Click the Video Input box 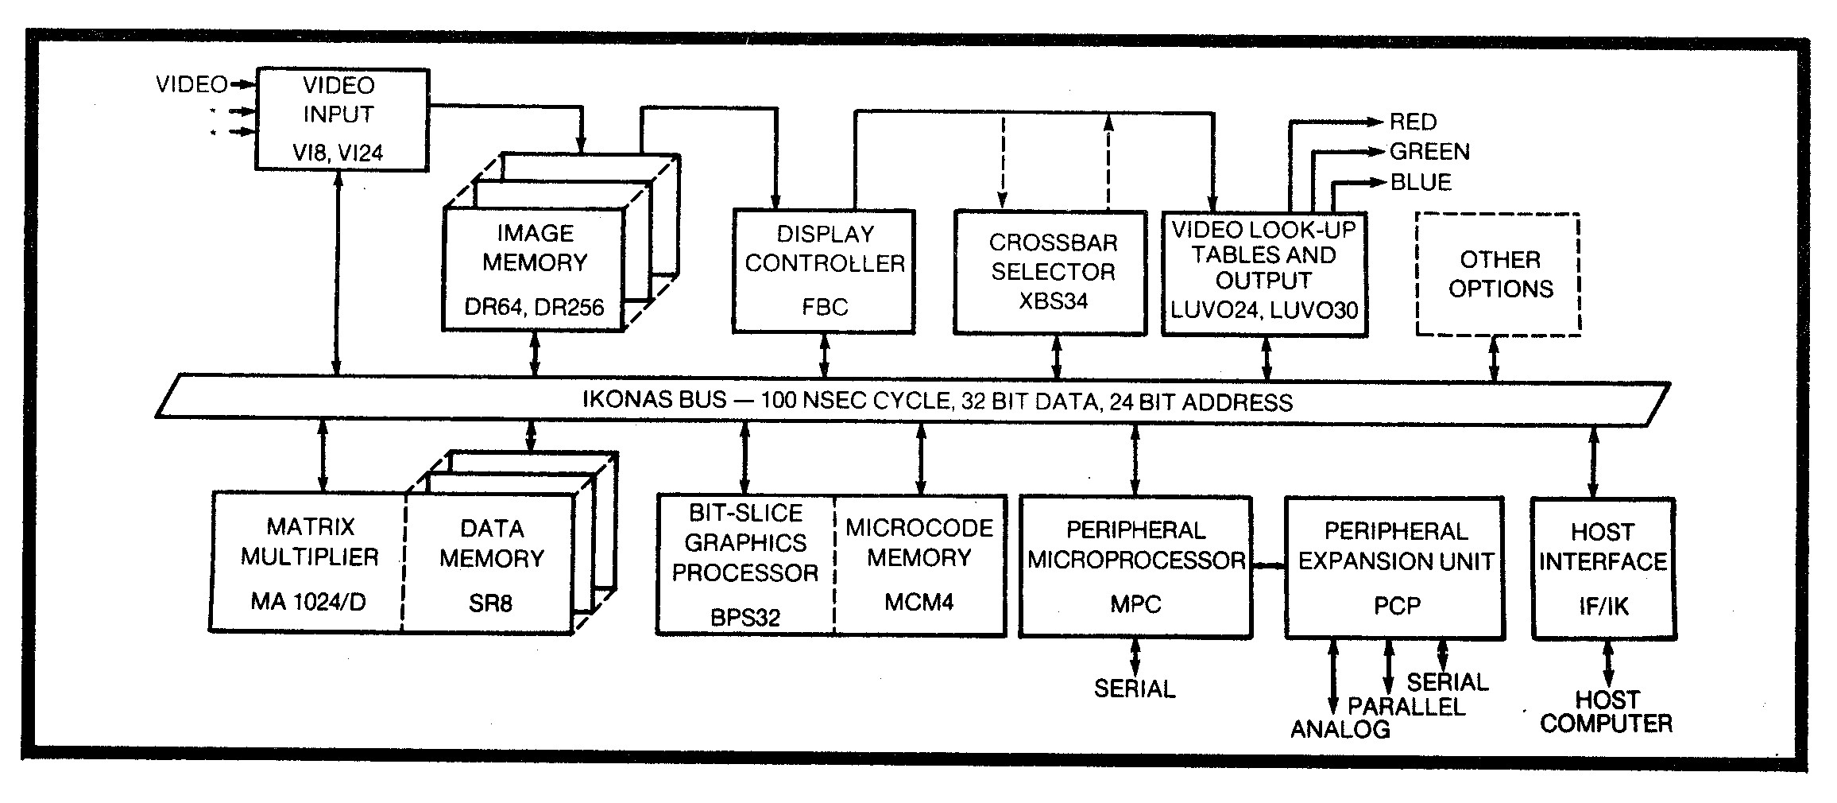click(342, 119)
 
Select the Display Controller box click(824, 270)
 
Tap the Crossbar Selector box click(1050, 272)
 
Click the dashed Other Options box click(1499, 274)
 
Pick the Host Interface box click(1603, 568)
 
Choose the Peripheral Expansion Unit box click(1395, 568)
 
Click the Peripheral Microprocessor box click(1135, 566)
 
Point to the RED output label click(1413, 122)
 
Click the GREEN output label click(1429, 151)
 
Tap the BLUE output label click(1421, 182)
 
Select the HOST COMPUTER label click(1606, 712)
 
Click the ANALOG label click(1340, 729)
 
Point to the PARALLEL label click(1406, 706)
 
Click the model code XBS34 click(1053, 301)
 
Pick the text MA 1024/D click(308, 602)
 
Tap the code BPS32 click(745, 616)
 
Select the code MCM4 click(918, 602)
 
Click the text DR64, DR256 click(534, 307)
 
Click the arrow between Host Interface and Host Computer click(1607, 664)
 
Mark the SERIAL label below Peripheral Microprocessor click(1134, 689)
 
